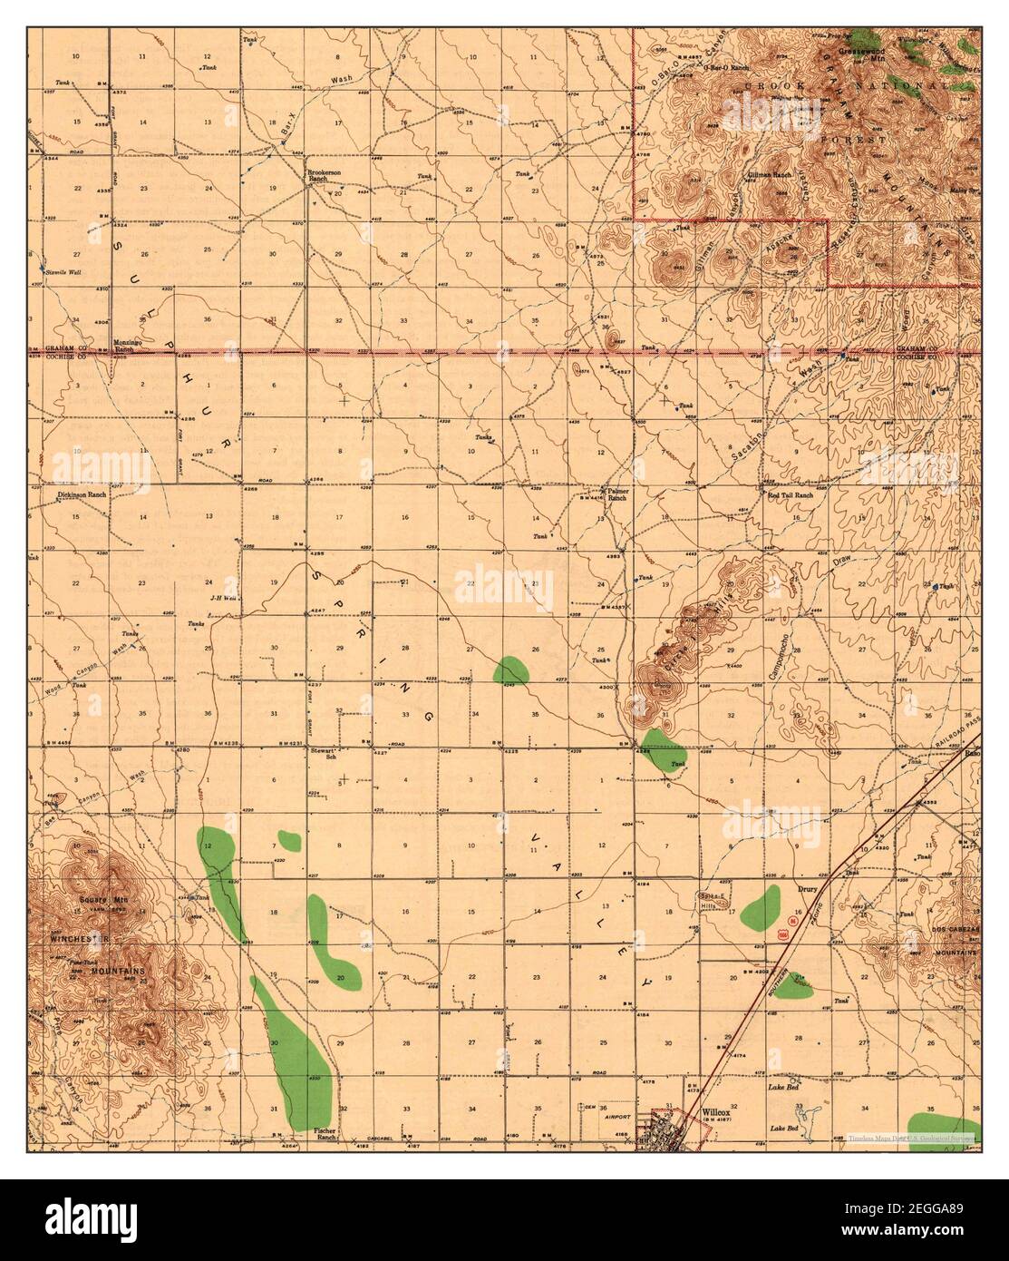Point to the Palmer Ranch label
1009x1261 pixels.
pyautogui.click(x=616, y=494)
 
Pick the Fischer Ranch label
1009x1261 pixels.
pyautogui.click(x=325, y=1134)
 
